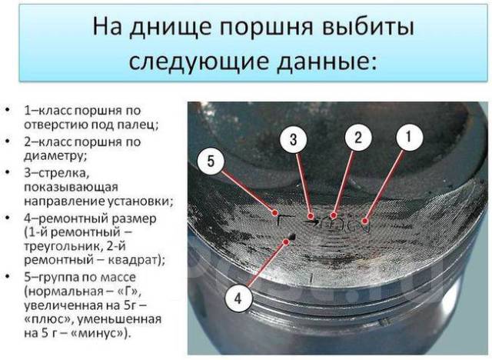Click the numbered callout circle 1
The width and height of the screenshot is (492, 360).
tap(409, 137)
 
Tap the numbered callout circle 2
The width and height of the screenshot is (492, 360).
tap(358, 137)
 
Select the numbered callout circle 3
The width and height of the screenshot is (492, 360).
tap(294, 139)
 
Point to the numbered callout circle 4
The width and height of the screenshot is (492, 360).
tap(238, 298)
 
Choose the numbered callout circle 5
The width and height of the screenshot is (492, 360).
tap(211, 162)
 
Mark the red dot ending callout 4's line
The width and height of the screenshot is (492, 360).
tap(286, 242)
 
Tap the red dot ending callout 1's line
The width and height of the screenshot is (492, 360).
tap(364, 221)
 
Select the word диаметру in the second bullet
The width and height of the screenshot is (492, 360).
tap(54, 156)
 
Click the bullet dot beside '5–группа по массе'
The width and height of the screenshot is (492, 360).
tap(7, 276)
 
